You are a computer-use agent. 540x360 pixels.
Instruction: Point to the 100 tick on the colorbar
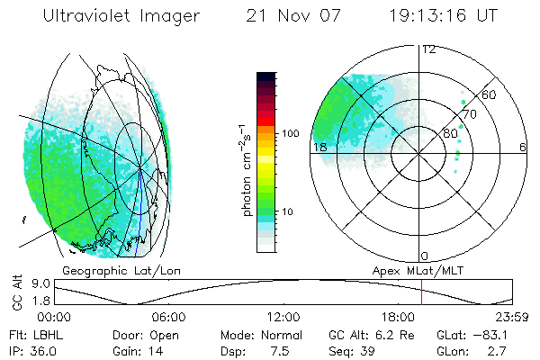(x=291, y=133)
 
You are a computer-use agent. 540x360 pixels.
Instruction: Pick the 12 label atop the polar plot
(x=429, y=49)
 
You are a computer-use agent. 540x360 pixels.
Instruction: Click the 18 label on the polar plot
(x=319, y=147)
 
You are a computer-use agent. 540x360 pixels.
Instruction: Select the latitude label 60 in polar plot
(x=490, y=95)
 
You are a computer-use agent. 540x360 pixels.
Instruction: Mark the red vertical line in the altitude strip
(x=421, y=293)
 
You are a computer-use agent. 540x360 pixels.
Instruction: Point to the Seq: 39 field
(x=365, y=350)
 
